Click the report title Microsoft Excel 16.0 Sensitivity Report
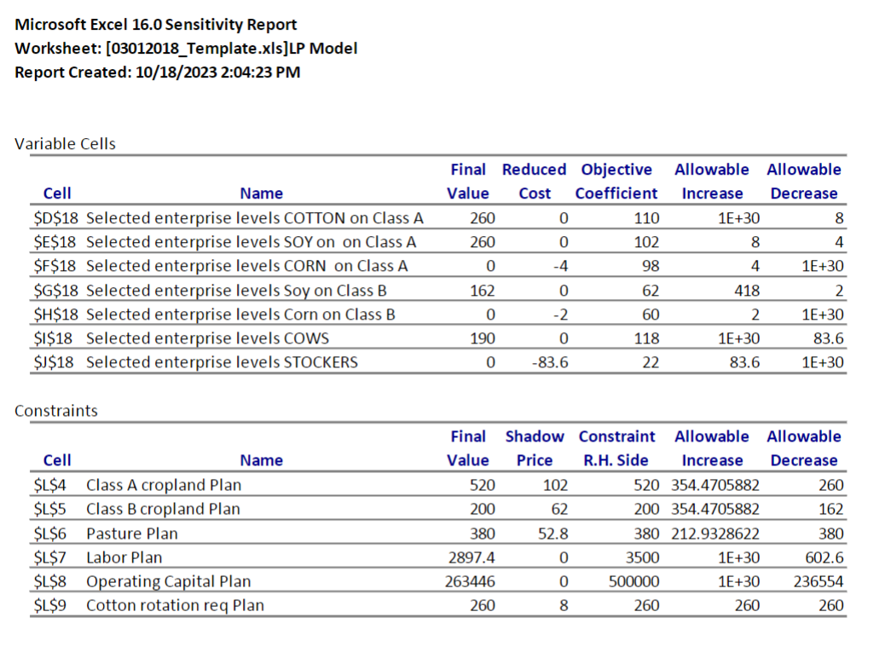pos(156,25)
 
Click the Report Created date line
pos(158,72)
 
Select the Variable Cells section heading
pos(66,143)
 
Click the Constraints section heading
pos(56,410)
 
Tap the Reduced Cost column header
pos(534,182)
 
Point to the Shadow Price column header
pos(534,448)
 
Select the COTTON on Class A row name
pos(255,218)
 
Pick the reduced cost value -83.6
pos(552,362)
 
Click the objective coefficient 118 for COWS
pos(647,338)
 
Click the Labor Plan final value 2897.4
pos(466,557)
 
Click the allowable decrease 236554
pos(818,581)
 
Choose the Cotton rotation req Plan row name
pos(175,605)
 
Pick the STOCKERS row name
pos(222,362)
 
